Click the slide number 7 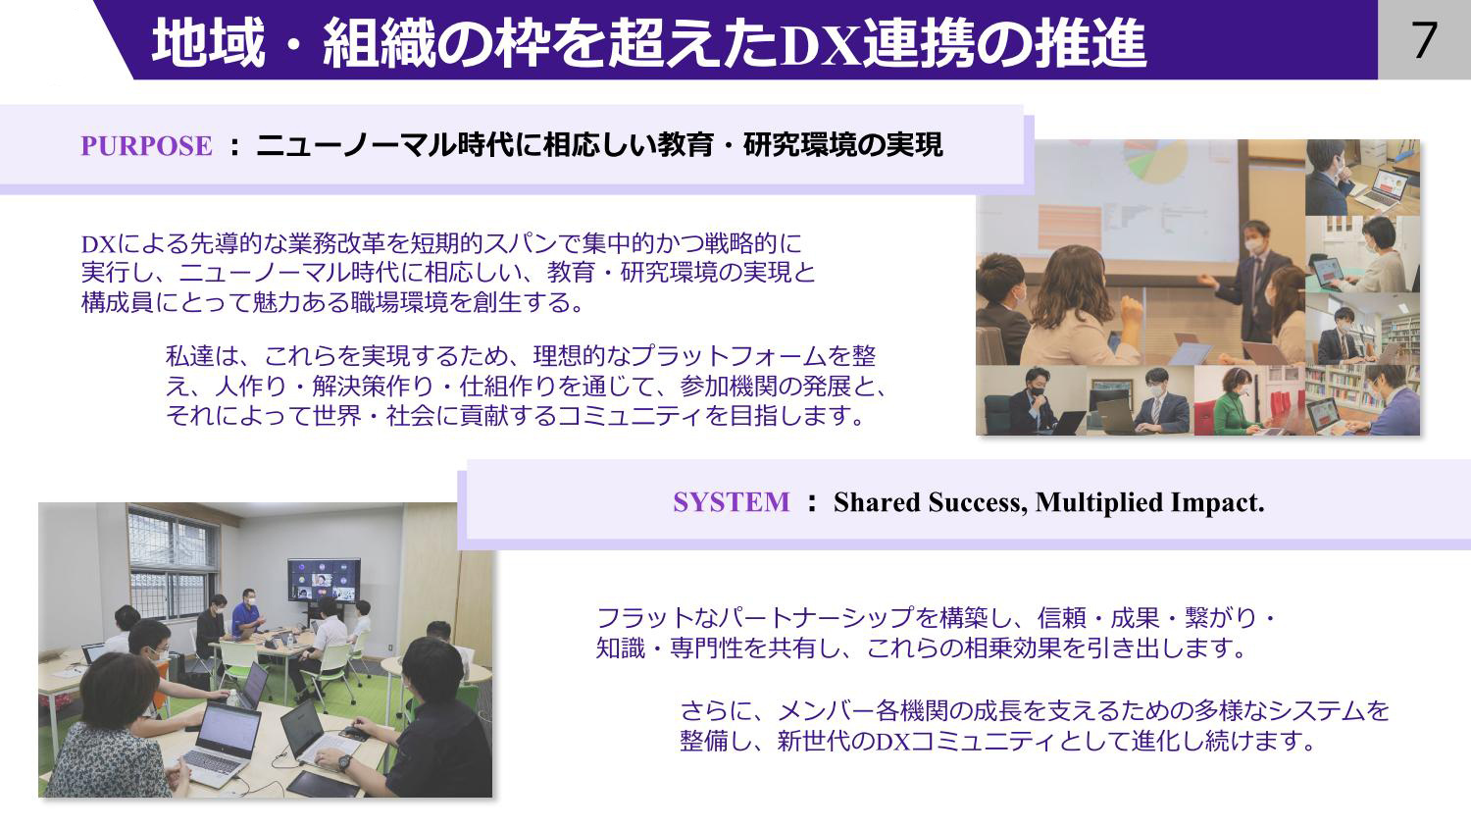point(1424,40)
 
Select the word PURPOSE point(146,146)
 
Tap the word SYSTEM point(731,502)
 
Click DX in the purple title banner point(821,46)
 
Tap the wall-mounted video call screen point(324,580)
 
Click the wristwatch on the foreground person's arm point(344,762)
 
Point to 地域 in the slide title point(209,45)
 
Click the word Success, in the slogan point(978,503)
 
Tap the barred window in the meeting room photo point(172,565)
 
